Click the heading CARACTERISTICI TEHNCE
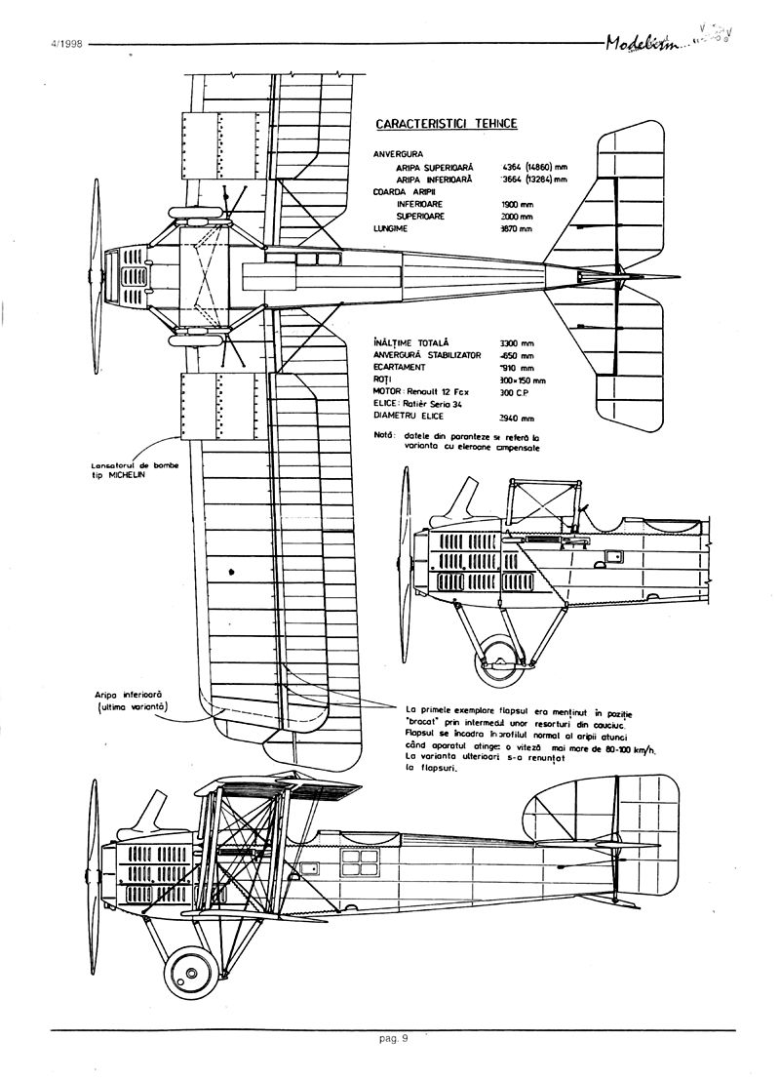click(x=446, y=124)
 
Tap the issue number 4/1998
click(x=63, y=45)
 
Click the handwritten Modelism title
click(x=643, y=43)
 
